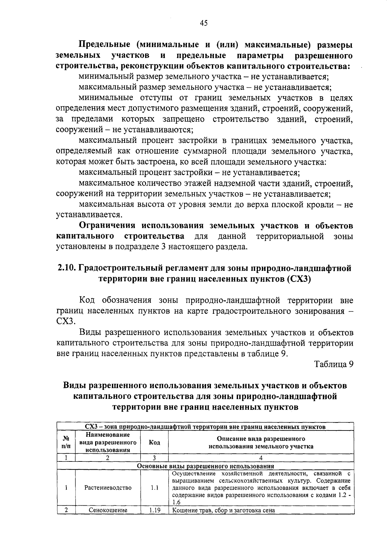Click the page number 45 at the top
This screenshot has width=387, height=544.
204,23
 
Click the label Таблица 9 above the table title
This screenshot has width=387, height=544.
334,364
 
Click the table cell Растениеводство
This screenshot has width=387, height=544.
108,488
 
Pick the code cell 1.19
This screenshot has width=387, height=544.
154,510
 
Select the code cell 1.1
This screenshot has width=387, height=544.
154,488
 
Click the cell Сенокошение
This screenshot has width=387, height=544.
108,510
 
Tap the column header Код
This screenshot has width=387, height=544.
154,442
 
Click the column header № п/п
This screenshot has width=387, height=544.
66,442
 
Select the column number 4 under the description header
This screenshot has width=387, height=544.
261,458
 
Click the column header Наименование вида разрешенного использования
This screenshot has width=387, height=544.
108,442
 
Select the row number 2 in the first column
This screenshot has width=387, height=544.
66,510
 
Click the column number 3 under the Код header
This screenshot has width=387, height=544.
154,458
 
